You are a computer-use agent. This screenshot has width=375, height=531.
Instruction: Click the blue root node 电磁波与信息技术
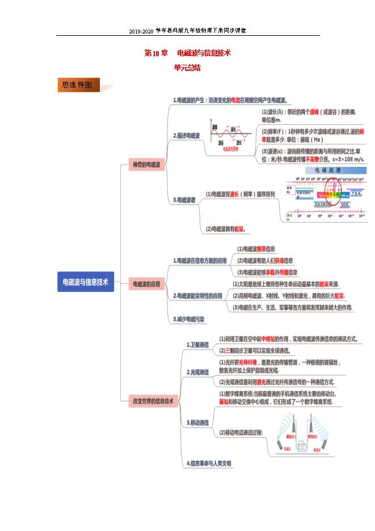[86, 282]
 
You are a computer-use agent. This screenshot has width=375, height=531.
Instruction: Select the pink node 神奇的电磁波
[146, 165]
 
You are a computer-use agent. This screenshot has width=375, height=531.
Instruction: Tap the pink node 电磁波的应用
[146, 283]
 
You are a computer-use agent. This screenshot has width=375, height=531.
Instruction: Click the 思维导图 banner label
[78, 85]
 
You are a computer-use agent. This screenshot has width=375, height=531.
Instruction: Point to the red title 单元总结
[187, 67]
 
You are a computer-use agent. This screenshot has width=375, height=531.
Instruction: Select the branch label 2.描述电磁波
[187, 136]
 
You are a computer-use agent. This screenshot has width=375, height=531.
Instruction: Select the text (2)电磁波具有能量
[226, 229]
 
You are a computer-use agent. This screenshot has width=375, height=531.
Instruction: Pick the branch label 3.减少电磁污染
[189, 319]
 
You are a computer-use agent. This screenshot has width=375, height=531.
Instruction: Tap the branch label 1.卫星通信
[197, 344]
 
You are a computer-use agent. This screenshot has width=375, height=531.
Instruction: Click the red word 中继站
[270, 339]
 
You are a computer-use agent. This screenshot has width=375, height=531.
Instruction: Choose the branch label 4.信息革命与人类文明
[209, 463]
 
